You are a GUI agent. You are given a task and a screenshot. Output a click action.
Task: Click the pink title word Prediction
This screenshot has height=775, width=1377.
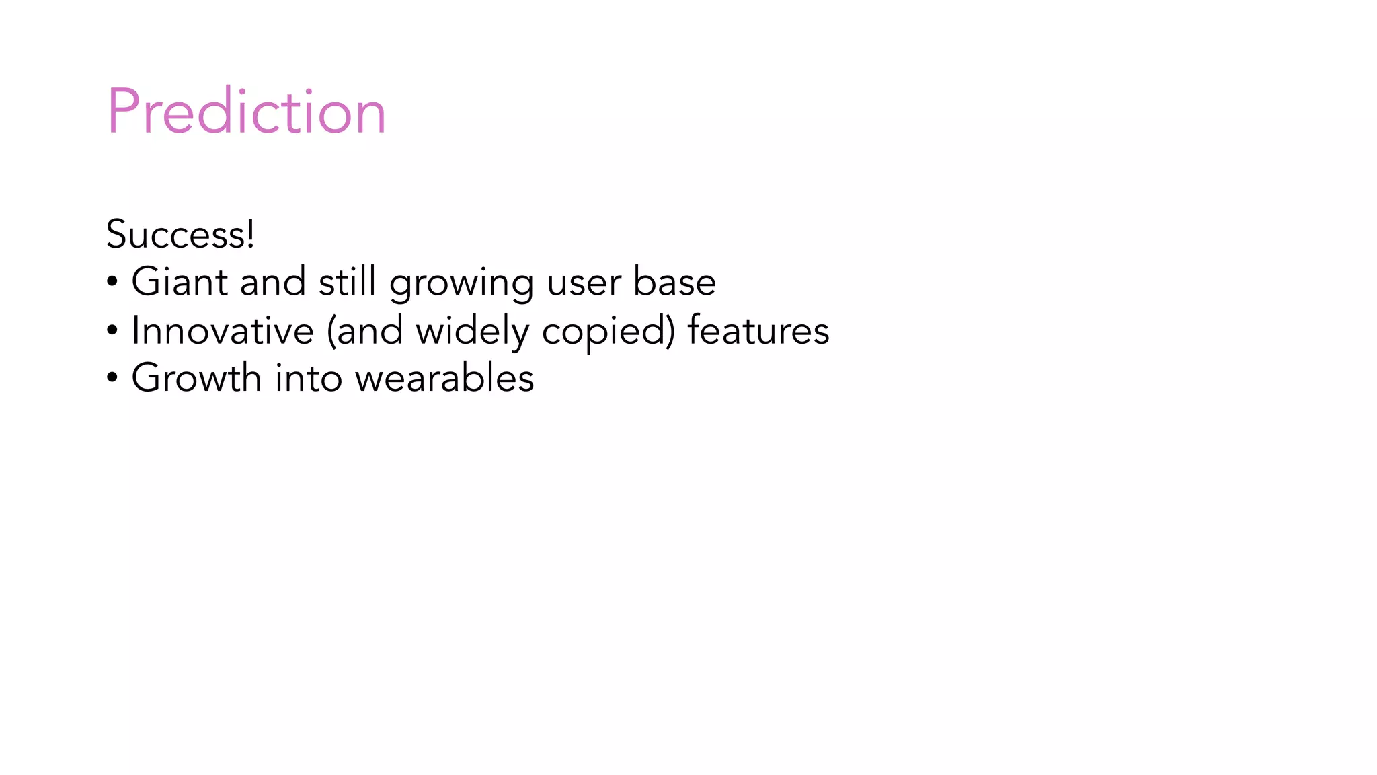tap(246, 112)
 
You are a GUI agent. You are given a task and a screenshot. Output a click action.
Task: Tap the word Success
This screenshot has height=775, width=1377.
tap(176, 235)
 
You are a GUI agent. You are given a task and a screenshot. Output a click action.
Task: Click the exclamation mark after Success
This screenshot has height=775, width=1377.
tap(251, 234)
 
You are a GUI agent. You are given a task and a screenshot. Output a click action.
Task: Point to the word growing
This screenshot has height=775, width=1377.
tap(461, 284)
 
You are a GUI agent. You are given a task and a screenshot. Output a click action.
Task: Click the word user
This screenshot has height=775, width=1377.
tap(583, 283)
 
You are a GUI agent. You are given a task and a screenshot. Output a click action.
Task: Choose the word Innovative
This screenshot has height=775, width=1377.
tap(223, 330)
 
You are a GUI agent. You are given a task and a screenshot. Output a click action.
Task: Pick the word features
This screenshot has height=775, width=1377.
tap(758, 330)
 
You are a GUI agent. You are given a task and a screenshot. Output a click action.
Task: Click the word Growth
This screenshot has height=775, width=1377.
tap(196, 377)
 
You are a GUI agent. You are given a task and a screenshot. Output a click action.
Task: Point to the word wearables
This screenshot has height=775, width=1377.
tap(444, 377)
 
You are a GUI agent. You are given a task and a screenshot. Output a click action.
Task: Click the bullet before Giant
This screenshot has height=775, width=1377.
tap(112, 283)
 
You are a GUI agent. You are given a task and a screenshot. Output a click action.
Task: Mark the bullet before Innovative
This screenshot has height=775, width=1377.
tap(112, 331)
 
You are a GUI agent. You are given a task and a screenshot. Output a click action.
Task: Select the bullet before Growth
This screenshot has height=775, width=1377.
tap(112, 378)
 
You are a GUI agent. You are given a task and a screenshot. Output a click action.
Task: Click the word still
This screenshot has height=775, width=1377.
tap(347, 281)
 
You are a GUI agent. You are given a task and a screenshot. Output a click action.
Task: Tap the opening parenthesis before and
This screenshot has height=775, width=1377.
tap(331, 331)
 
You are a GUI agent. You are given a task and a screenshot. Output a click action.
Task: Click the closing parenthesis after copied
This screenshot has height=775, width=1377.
tap(670, 331)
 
